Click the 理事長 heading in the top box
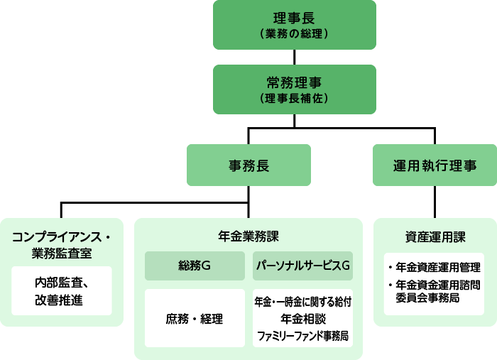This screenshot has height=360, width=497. (294, 18)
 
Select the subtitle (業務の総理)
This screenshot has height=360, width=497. (294, 33)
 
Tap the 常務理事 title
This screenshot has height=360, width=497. (294, 82)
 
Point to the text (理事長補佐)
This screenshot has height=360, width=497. (294, 98)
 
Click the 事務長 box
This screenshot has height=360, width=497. (248, 165)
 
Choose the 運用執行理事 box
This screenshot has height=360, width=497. (435, 165)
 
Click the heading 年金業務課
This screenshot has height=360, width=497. (248, 236)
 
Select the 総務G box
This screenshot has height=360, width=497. (195, 266)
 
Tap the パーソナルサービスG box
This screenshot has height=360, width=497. (302, 266)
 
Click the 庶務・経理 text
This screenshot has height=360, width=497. (195, 319)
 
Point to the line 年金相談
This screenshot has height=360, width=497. (303, 319)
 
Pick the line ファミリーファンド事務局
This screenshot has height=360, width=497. (303, 336)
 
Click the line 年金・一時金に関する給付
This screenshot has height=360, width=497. (303, 302)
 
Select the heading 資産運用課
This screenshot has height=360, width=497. (435, 237)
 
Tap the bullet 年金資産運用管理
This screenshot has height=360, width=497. (435, 268)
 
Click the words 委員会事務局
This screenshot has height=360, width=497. (427, 298)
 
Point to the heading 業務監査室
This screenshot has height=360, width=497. (62, 253)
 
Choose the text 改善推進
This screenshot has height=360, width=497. (59, 300)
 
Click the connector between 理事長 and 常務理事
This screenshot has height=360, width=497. (295, 57)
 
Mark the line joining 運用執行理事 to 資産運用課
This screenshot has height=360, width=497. (435, 202)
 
